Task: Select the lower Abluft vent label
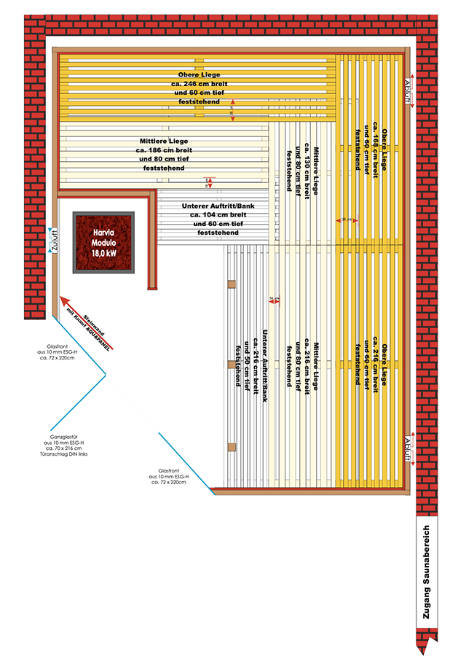click(x=408, y=450)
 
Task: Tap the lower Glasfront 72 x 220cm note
click(x=168, y=477)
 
